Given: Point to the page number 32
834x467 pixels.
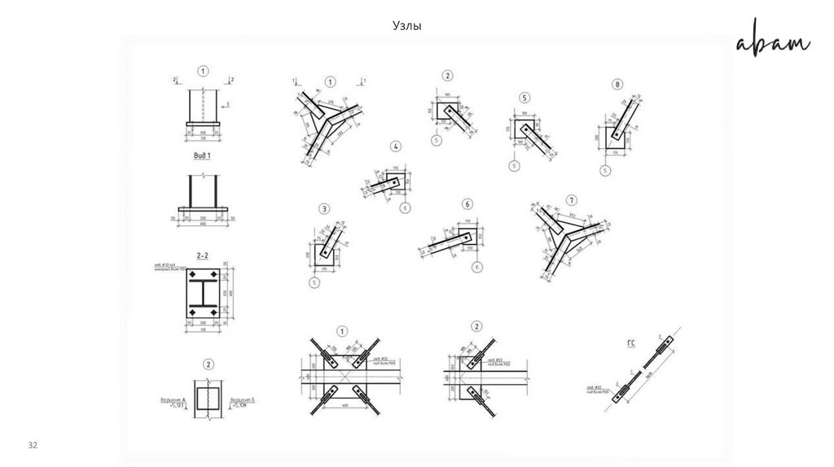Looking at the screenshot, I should coord(33,446).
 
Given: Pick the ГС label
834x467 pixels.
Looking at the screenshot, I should coord(630,343).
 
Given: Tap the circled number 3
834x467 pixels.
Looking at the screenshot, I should coord(324,209).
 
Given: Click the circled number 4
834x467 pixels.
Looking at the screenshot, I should coord(396,147).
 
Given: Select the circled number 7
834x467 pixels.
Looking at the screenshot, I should coord(572,200).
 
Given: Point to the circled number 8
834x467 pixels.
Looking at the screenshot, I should coord(619,84).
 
